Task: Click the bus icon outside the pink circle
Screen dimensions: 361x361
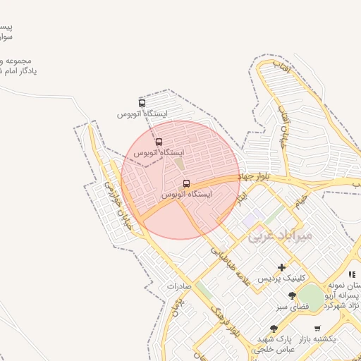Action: pyautogui.click(x=142, y=103)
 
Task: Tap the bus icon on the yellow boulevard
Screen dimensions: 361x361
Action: pyautogui.click(x=186, y=184)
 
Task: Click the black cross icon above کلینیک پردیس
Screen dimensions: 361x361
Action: pyautogui.click(x=282, y=267)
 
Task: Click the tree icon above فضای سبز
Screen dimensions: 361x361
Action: pyautogui.click(x=293, y=296)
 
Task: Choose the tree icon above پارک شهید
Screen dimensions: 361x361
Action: pyautogui.click(x=274, y=329)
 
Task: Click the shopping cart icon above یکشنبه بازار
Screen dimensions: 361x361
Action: pyautogui.click(x=317, y=329)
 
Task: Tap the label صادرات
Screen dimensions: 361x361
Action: pyautogui.click(x=180, y=287)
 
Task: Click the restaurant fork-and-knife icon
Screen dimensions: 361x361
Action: pyautogui.click(x=352, y=274)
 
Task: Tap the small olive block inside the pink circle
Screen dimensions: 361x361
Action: pyautogui.click(x=178, y=163)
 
